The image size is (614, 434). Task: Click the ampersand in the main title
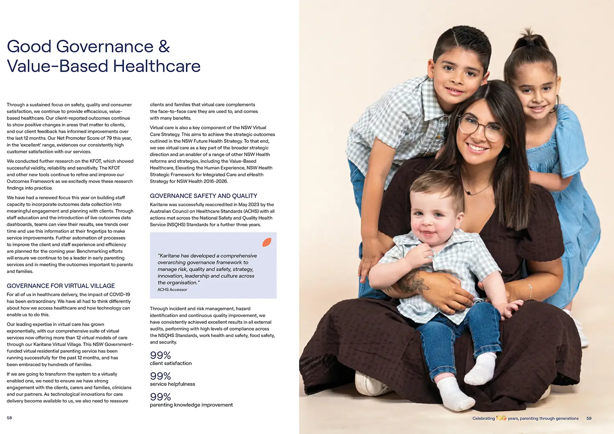tap(164, 47)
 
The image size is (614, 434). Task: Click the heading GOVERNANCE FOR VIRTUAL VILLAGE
tap(61, 286)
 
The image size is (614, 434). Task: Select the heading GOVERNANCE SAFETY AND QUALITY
tap(203, 196)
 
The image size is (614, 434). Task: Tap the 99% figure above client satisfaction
tap(160, 355)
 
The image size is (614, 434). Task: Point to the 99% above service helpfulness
tap(160, 376)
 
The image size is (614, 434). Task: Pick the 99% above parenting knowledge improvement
tap(160, 397)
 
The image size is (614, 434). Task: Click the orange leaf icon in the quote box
tap(266, 242)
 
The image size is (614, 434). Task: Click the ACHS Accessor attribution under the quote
tap(172, 290)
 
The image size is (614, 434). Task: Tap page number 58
tap(9, 418)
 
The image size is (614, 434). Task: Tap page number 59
tap(589, 418)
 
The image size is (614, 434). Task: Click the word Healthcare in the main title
tap(157, 66)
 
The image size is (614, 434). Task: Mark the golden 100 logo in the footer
tap(501, 418)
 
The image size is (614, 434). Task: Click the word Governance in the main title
tap(105, 47)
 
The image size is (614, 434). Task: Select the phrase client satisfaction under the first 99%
tap(171, 363)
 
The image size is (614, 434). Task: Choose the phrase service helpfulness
tap(172, 384)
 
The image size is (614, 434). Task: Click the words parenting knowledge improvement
tap(191, 405)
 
